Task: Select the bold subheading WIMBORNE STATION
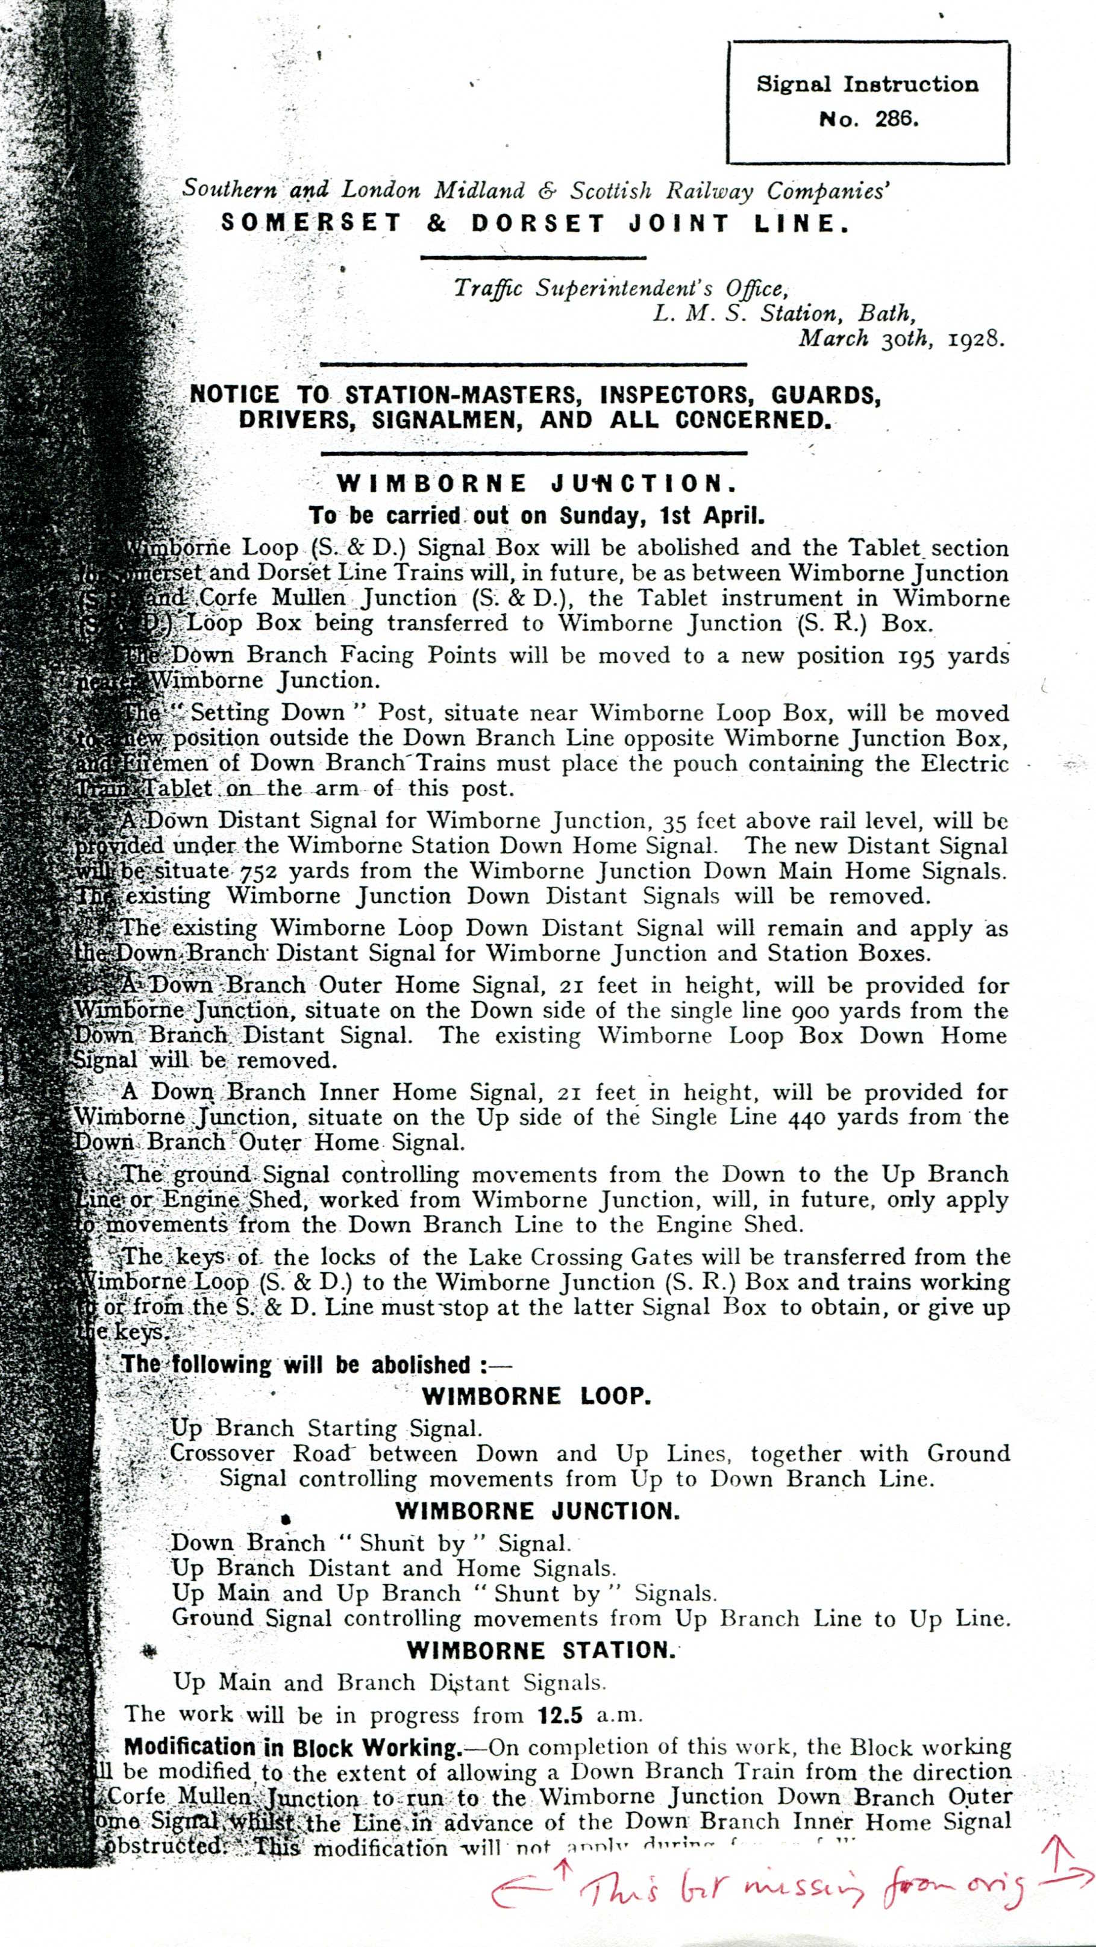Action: pyautogui.click(x=541, y=1650)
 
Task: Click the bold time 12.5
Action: pyautogui.click(x=560, y=1716)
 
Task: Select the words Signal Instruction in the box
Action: pyautogui.click(x=867, y=84)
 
